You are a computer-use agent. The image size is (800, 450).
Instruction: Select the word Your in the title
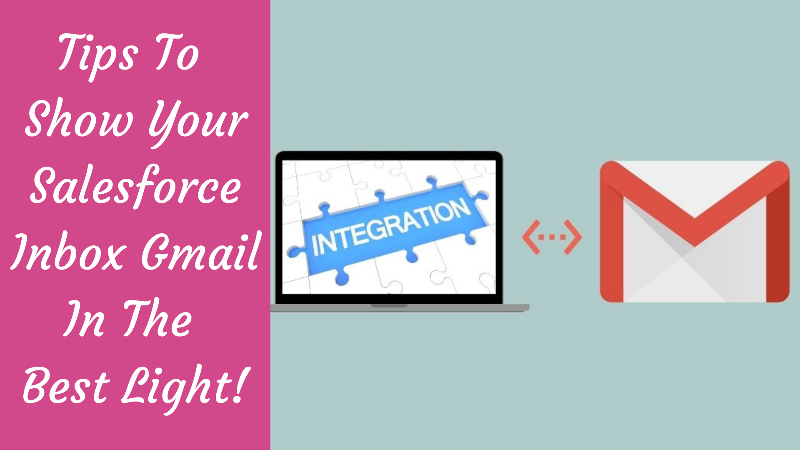point(198,121)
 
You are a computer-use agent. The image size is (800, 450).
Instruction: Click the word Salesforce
point(136,185)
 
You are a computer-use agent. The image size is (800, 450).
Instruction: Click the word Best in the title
point(67,385)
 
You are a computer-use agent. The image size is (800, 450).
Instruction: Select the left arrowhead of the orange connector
point(530,237)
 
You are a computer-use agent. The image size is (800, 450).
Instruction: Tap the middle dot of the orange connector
point(552,237)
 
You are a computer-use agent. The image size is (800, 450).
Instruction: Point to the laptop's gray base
point(400,308)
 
